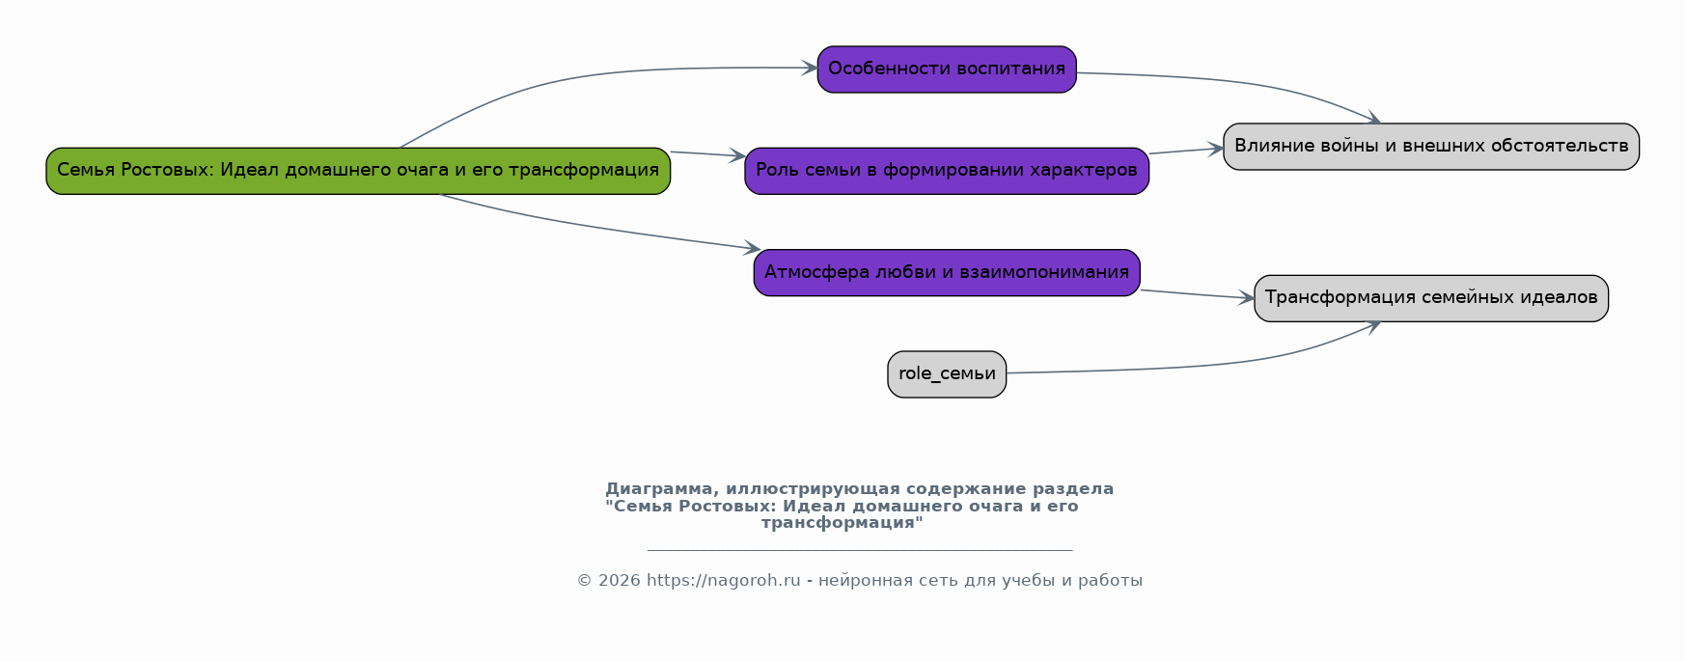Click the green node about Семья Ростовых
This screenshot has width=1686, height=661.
point(357,171)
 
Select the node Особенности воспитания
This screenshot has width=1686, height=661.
point(946,69)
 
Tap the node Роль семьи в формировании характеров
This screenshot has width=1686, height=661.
point(946,171)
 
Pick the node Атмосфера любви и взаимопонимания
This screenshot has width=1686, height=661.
point(946,272)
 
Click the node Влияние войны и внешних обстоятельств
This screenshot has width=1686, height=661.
point(1430,147)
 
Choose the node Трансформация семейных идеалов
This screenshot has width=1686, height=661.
point(1430,298)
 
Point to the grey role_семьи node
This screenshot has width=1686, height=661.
point(946,374)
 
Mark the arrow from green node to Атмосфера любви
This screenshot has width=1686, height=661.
point(598,229)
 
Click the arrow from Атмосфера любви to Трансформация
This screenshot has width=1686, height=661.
point(1197,294)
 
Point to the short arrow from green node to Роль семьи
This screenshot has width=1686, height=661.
point(707,154)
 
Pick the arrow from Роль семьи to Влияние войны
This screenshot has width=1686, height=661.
point(1186,151)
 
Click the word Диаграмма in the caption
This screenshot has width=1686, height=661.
point(658,489)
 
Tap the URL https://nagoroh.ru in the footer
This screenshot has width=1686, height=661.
point(723,581)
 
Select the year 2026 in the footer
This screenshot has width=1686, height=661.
point(619,581)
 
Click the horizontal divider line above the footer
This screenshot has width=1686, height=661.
point(859,550)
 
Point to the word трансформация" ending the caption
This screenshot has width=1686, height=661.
point(842,523)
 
